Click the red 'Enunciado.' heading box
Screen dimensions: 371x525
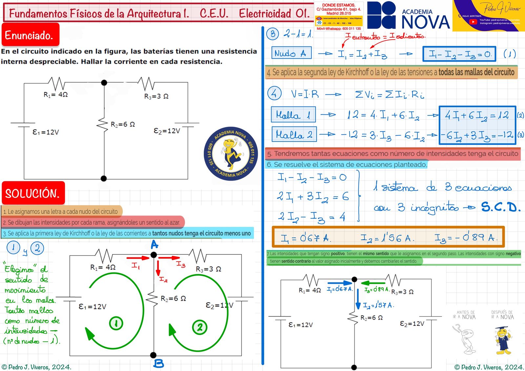click(x=30, y=34)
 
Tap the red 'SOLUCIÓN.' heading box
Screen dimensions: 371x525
click(x=33, y=193)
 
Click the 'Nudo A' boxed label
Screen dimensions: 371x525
click(x=291, y=53)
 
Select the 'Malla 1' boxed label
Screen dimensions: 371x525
click(x=293, y=115)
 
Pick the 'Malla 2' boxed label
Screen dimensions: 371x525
click(x=294, y=134)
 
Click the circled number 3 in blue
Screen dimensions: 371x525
click(x=272, y=34)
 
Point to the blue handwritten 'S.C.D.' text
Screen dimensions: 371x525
click(x=500, y=207)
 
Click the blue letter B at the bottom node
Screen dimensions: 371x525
click(x=159, y=363)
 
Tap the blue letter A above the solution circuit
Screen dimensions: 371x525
click(x=154, y=244)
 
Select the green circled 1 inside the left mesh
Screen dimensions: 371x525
click(x=116, y=323)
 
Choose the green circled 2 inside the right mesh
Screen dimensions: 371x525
click(x=199, y=327)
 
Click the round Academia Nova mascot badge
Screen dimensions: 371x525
click(x=230, y=153)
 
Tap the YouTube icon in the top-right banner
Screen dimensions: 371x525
click(x=473, y=22)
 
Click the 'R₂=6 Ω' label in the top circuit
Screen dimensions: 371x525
click(x=123, y=125)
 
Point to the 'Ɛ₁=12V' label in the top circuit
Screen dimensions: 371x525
click(x=46, y=132)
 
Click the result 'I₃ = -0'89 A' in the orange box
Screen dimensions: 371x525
click(x=466, y=238)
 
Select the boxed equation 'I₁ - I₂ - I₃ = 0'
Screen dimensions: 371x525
click(x=459, y=54)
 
